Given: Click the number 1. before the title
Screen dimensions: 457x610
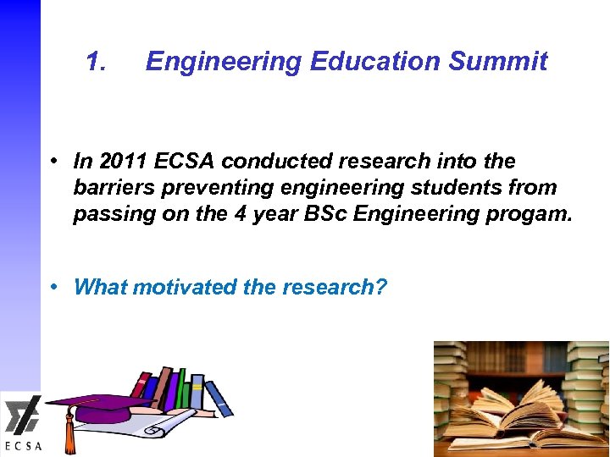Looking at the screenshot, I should point(97,62).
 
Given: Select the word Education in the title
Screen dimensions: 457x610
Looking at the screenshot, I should point(375,62).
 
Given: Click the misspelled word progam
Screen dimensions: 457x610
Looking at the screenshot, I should point(533,214).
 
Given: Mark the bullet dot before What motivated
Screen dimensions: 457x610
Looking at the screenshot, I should point(53,286).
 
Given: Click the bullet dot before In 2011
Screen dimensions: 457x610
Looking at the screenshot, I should point(53,160).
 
